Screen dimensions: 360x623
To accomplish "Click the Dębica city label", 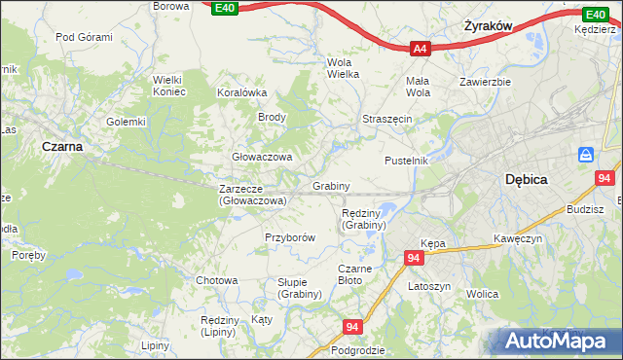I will [x=527, y=180].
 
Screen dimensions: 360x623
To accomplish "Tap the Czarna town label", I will [x=61, y=146].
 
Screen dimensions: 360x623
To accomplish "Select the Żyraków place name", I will [x=488, y=27].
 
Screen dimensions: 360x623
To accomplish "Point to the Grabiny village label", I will [x=331, y=185].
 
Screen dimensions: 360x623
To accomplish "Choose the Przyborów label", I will [x=290, y=237].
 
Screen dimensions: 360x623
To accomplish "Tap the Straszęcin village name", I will [x=387, y=118].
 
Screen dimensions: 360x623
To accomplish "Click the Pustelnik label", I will [x=406, y=161].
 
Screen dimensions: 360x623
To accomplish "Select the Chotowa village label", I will [x=217, y=280].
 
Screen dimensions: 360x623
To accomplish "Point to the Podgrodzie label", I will [x=358, y=350].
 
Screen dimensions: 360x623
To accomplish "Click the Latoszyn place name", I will [x=429, y=286].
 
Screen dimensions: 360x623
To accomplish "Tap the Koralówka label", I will [x=242, y=93].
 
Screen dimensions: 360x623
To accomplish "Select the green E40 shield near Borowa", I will [x=224, y=8].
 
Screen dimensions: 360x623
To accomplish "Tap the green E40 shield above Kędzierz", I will [x=595, y=15].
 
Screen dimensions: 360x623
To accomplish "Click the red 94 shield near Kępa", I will [x=414, y=258].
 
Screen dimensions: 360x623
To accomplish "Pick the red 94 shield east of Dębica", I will [x=605, y=178].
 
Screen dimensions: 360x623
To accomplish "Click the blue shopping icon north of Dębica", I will [x=586, y=155].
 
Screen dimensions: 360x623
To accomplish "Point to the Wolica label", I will [x=482, y=294].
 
